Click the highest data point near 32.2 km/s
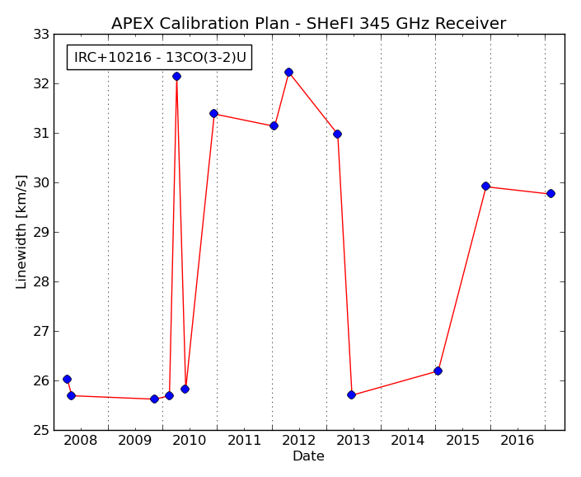(288, 72)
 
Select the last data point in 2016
(551, 193)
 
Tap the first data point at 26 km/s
(67, 379)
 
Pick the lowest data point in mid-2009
(154, 399)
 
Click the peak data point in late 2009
(176, 77)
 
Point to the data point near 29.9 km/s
(485, 186)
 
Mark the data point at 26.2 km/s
(438, 371)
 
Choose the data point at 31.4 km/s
(213, 114)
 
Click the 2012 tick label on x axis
(298, 441)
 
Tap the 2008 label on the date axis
(81, 441)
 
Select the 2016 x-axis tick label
(518, 441)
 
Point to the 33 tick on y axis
(41, 35)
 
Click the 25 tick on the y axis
(41, 430)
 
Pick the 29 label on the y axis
(41, 232)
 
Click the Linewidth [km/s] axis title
(21, 232)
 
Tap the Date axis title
(308, 456)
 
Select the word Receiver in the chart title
(471, 23)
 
